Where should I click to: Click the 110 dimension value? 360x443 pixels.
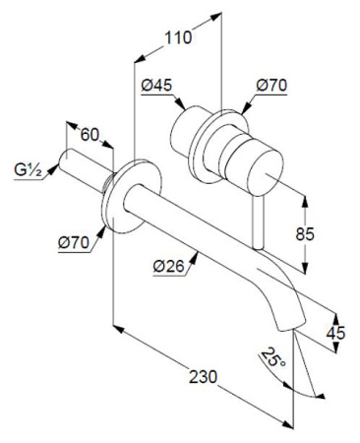pos(177,39)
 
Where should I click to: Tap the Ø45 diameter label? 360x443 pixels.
pos(156,87)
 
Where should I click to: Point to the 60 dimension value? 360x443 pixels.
pos(90,135)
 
